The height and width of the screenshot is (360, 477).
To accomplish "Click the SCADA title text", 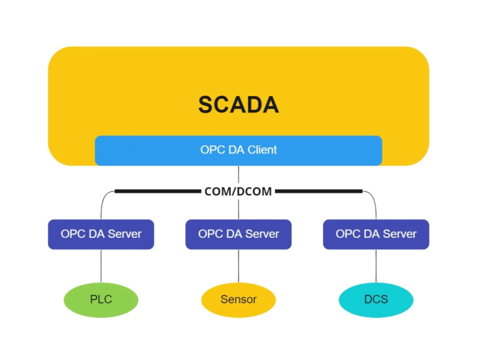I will click(x=238, y=105).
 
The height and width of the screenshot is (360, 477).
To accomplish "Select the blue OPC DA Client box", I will click(x=238, y=150).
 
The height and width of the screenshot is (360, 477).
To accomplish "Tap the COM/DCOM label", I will click(x=238, y=191).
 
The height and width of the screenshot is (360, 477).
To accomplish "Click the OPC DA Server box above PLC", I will click(x=101, y=234).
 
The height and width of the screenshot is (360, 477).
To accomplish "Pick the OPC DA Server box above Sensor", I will click(x=238, y=234).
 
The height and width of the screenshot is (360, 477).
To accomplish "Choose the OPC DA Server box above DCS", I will click(x=376, y=234).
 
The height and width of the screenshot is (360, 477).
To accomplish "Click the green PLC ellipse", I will click(x=101, y=299).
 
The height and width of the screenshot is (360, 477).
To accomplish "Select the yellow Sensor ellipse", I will click(x=238, y=299).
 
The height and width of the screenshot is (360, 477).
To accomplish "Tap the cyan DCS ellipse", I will click(x=376, y=299).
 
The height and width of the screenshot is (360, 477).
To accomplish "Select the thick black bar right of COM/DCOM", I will click(x=319, y=191).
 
